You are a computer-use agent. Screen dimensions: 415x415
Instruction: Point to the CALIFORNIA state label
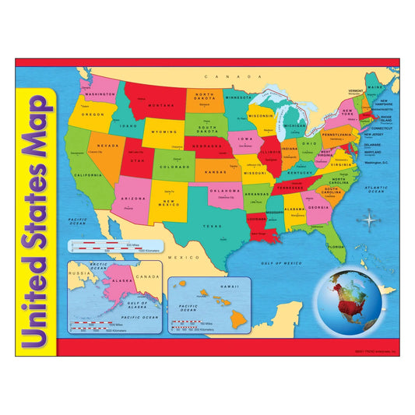coord(88,175)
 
